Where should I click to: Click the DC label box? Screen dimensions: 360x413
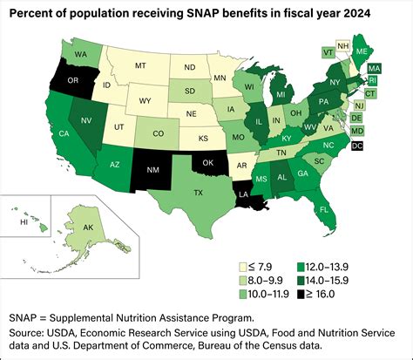click(x=382, y=146)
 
